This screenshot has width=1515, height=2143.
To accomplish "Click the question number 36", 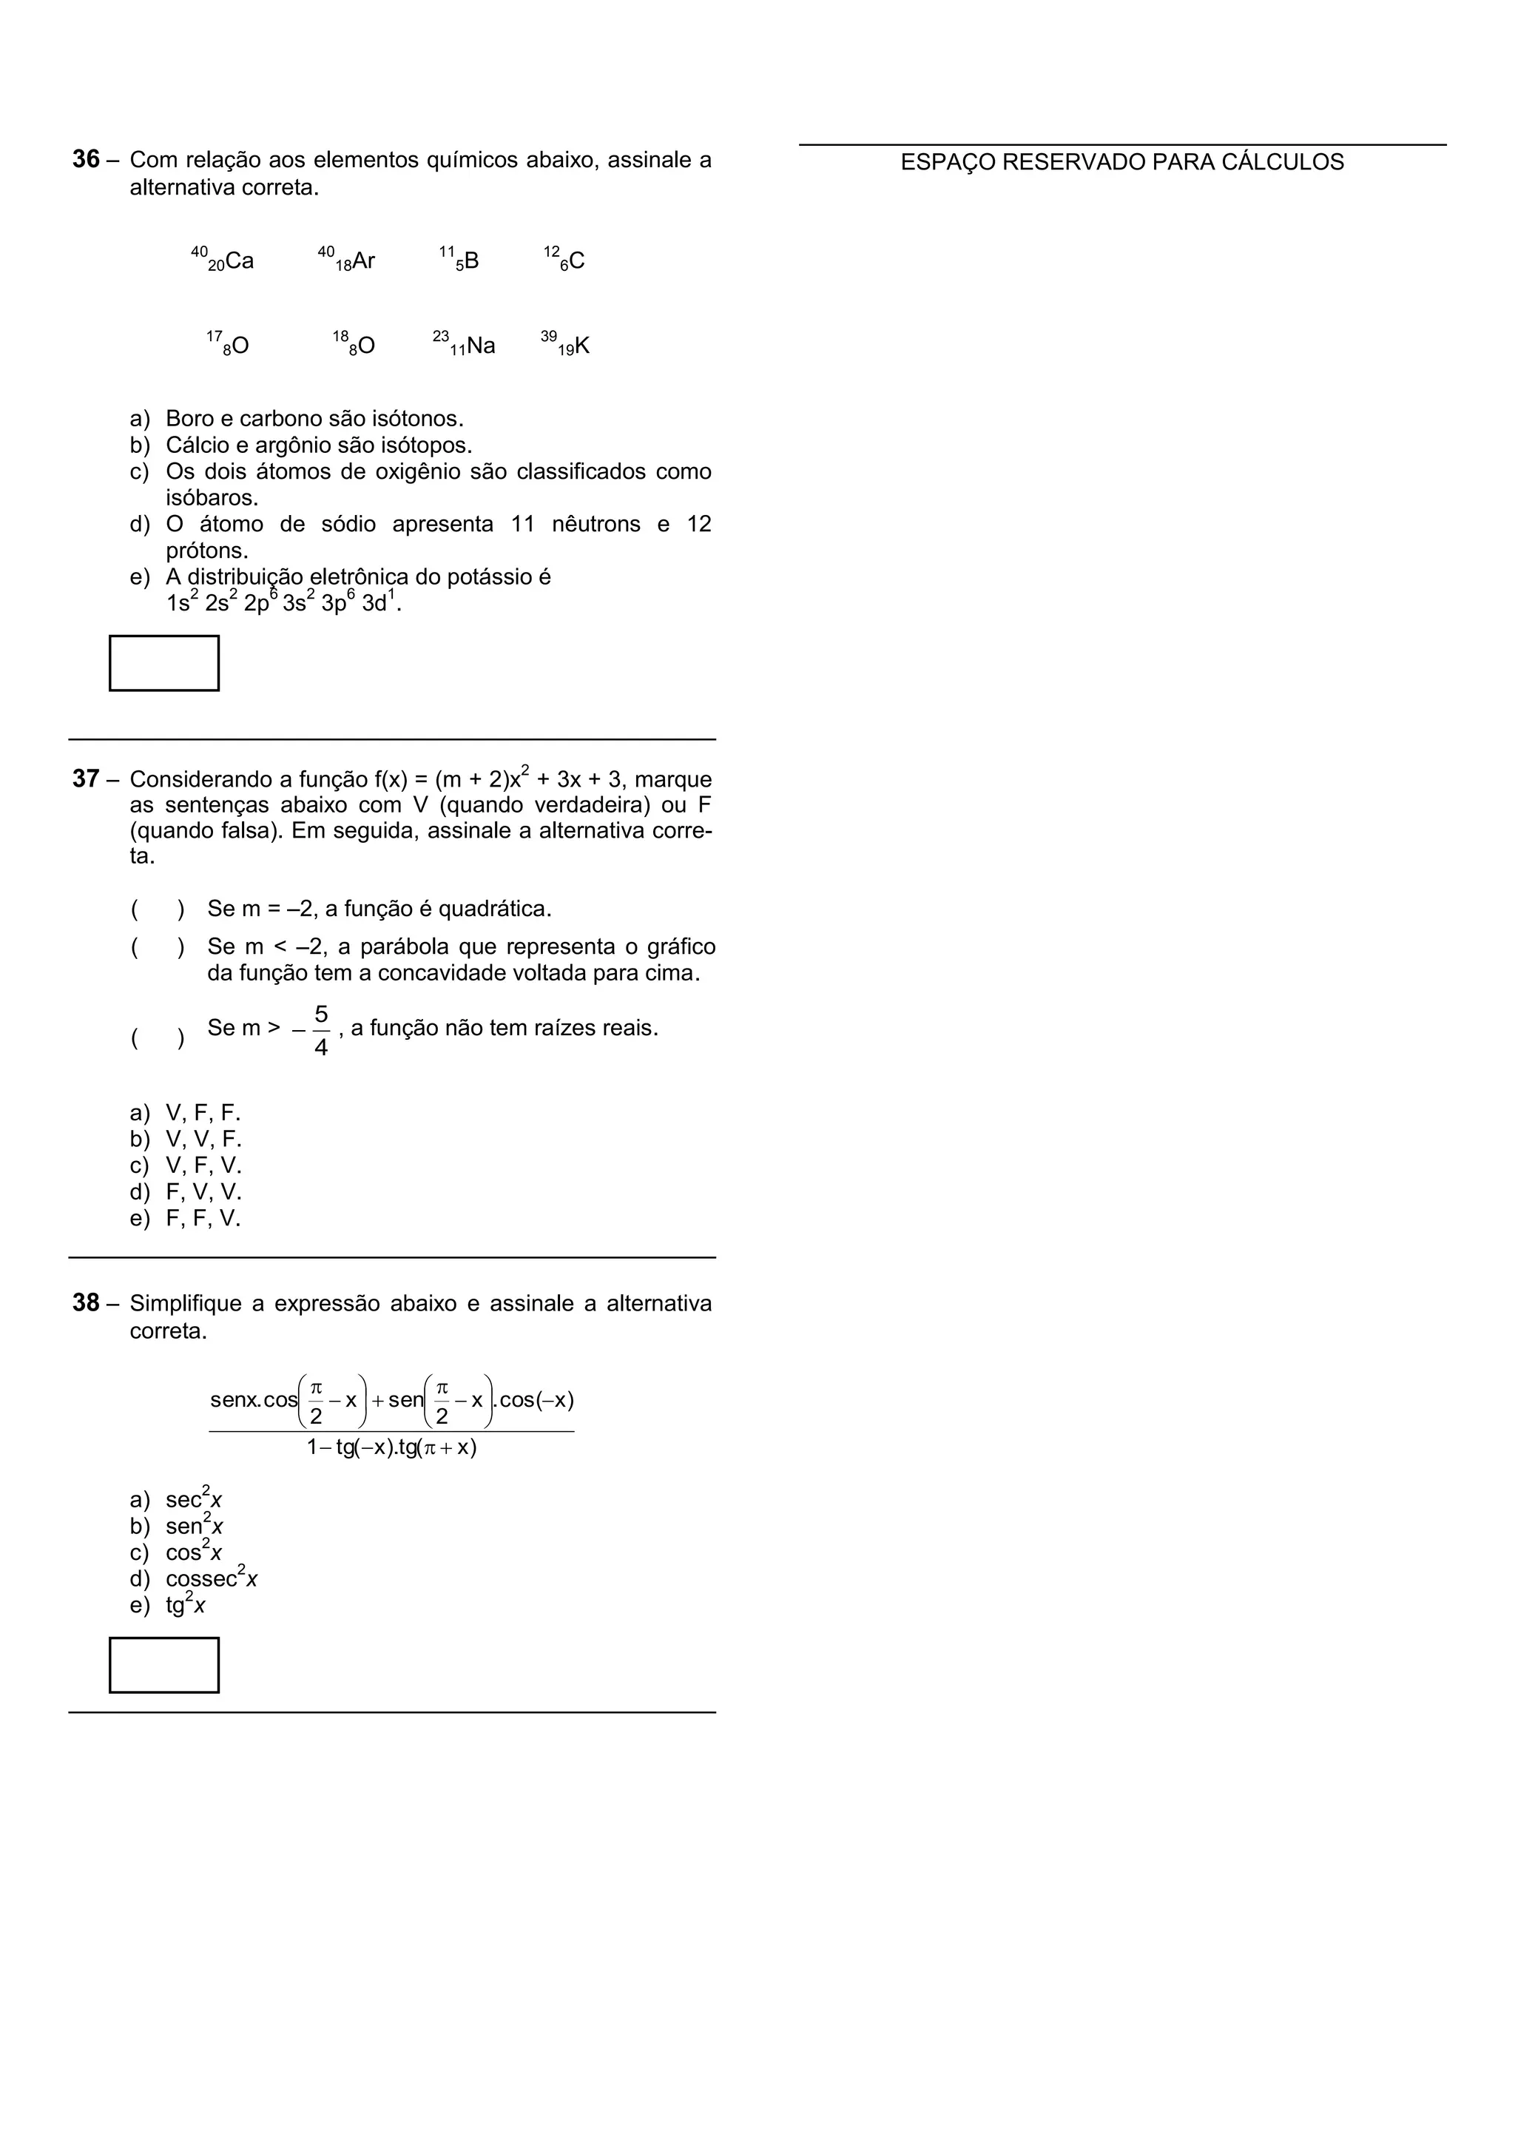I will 86,160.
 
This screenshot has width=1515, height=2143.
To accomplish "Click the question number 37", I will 86,778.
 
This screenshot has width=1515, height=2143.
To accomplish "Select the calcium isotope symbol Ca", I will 239,260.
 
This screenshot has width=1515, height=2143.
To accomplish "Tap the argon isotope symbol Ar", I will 363,260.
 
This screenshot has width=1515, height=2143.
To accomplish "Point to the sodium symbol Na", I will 479,346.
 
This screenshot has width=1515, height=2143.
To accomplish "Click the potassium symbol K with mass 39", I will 581,346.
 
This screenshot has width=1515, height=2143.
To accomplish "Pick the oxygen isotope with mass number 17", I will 238,346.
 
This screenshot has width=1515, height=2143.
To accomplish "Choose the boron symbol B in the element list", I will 471,260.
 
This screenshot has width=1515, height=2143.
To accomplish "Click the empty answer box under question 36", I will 164,663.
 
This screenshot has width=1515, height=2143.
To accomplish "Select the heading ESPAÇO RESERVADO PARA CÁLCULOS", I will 1121,162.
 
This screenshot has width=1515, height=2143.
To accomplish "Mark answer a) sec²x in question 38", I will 193,1499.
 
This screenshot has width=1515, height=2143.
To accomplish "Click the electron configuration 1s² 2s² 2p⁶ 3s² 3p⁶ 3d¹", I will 283,603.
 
